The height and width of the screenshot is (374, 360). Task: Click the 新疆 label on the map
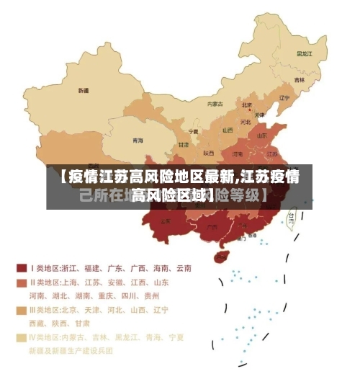click(84, 91)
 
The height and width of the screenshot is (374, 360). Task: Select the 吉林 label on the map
click(299, 79)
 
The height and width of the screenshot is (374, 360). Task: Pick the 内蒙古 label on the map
click(215, 104)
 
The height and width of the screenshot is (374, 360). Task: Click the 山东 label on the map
click(264, 135)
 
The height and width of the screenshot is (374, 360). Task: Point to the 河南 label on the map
click(238, 153)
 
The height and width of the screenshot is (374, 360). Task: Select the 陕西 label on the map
click(208, 153)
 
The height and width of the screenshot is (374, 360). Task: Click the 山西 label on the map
click(228, 130)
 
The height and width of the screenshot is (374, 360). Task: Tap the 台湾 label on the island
click(292, 215)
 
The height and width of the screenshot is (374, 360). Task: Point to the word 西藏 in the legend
click(37, 323)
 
